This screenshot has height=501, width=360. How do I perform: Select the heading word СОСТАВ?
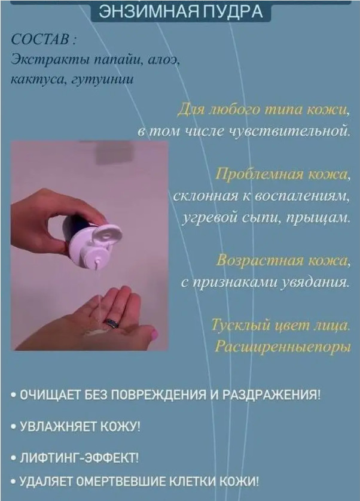(41, 40)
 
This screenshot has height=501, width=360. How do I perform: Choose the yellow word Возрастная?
(260, 261)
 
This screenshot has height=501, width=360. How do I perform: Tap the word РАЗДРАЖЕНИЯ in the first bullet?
(271, 395)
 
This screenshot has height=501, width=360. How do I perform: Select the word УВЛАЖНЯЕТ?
(58, 427)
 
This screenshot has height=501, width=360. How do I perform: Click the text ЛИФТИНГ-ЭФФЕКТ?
(79, 458)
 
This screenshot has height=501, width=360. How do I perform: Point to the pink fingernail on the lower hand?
(154, 334)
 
